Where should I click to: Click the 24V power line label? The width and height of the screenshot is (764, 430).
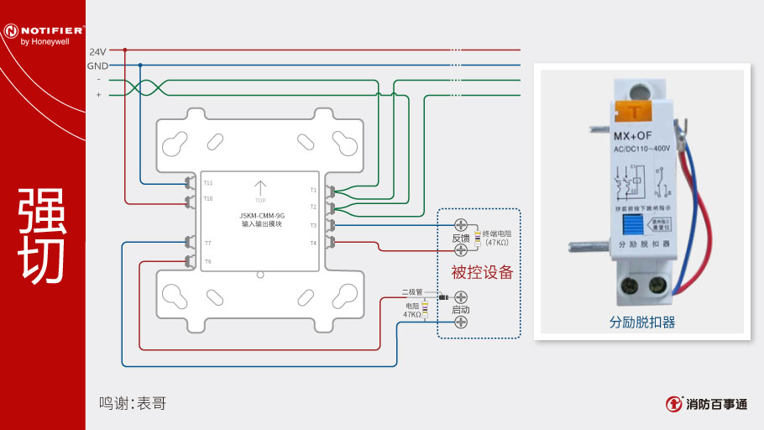tap(97, 51)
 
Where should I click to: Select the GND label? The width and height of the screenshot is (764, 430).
tap(97, 66)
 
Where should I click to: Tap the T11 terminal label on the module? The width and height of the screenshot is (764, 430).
tap(208, 182)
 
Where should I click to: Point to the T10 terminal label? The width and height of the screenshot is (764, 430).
tap(208, 198)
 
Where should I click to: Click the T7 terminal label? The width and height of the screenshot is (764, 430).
tap(207, 244)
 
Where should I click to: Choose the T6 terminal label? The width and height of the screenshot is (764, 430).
tap(207, 261)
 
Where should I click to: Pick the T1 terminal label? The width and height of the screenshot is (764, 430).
tap(313, 190)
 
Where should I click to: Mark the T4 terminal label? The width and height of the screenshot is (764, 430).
tap(313, 243)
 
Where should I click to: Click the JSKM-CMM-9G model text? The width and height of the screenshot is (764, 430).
tap(262, 216)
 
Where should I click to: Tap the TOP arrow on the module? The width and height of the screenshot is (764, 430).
tap(260, 189)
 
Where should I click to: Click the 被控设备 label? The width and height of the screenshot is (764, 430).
tap(482, 272)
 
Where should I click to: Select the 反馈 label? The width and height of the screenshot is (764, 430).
tap(461, 238)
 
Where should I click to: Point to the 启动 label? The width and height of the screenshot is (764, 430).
tap(461, 310)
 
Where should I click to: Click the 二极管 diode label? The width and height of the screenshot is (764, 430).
tap(411, 291)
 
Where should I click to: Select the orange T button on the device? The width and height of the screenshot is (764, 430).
tap(635, 109)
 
